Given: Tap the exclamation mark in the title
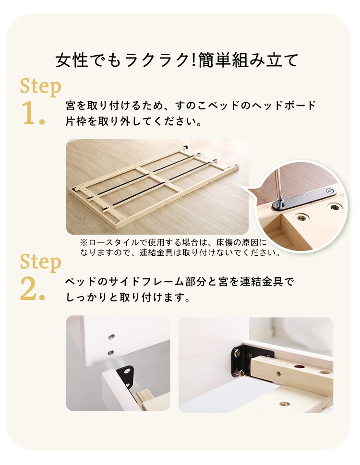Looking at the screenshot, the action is (x=192, y=60).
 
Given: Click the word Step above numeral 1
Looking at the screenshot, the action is (x=41, y=87).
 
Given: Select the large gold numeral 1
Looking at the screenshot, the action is (x=33, y=113).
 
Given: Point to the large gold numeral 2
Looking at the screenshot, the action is (x=33, y=289).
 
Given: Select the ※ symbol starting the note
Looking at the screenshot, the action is (x=84, y=243).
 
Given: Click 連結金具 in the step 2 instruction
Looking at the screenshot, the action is (x=262, y=281).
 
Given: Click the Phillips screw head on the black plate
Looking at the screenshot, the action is (x=329, y=191).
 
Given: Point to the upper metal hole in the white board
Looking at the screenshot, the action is (x=111, y=336).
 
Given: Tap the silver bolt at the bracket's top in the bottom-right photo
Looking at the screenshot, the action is (x=237, y=353).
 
